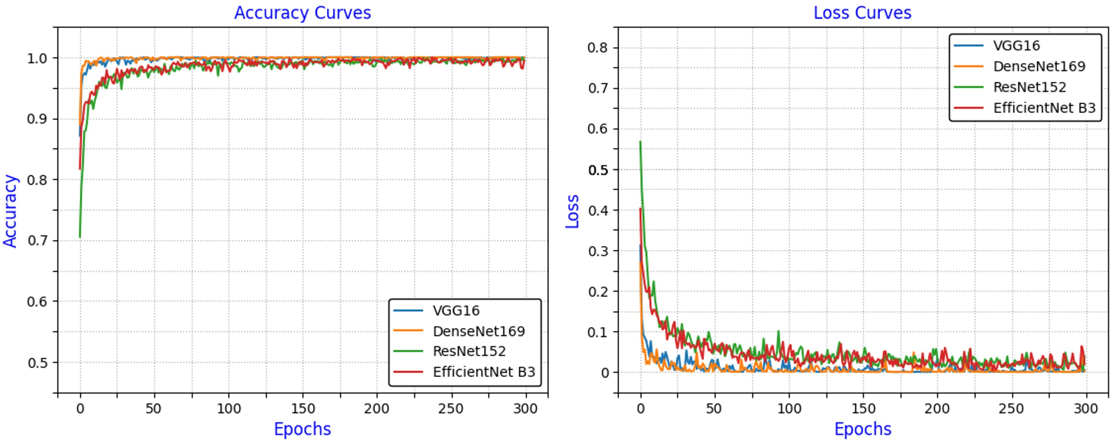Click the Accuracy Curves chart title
[302, 13]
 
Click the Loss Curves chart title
[862, 13]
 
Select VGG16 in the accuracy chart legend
[456, 311]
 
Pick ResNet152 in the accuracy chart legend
[469, 351]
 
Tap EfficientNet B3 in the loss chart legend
[1044, 108]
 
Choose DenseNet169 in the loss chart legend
[1039, 66]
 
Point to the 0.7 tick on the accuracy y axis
[38, 241]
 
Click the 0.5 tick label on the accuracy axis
[38, 363]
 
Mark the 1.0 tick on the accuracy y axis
[38, 59]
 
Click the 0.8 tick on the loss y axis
[598, 47]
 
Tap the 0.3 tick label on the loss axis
[598, 251]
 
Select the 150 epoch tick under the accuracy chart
[303, 409]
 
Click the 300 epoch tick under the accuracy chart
[525, 409]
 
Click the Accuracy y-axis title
[10, 211]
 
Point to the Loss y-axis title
[572, 211]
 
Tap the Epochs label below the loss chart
[862, 429]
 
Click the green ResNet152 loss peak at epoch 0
[640, 142]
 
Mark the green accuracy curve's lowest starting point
[80, 237]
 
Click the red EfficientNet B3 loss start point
[640, 209]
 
